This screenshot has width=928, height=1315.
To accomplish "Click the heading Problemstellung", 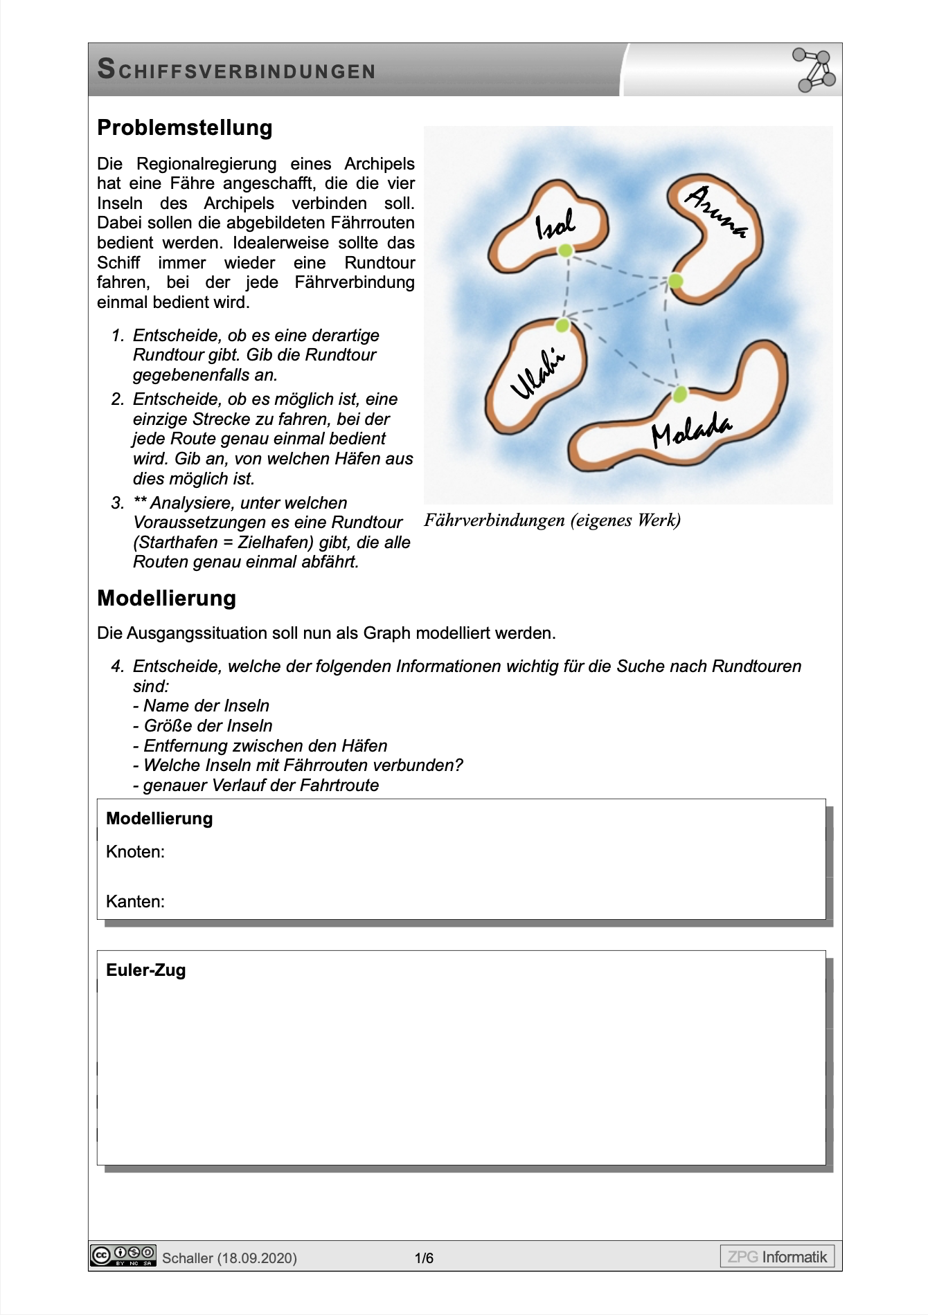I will click(184, 128).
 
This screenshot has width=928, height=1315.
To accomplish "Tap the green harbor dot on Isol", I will click(566, 251).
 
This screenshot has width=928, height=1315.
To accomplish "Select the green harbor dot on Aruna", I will click(676, 281).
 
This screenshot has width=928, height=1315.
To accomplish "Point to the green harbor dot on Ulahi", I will click(563, 325).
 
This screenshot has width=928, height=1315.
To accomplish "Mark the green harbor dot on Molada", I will click(680, 394).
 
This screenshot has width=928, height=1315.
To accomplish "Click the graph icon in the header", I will click(814, 70).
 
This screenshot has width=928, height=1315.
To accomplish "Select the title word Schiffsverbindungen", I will click(236, 70).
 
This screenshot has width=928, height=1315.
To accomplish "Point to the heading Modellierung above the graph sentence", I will click(166, 598).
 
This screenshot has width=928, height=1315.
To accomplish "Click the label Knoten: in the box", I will click(135, 852).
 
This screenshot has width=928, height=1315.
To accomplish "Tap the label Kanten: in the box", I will click(135, 902).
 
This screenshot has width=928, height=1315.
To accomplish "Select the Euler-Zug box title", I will click(145, 970).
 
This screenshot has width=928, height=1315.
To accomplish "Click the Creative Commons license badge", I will click(123, 1255).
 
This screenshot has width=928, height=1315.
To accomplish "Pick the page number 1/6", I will click(424, 1258).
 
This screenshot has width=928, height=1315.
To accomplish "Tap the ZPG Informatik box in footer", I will click(777, 1256).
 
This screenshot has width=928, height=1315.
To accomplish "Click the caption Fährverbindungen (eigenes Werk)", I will click(552, 520).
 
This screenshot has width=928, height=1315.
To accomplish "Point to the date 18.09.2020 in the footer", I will click(257, 1258).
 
